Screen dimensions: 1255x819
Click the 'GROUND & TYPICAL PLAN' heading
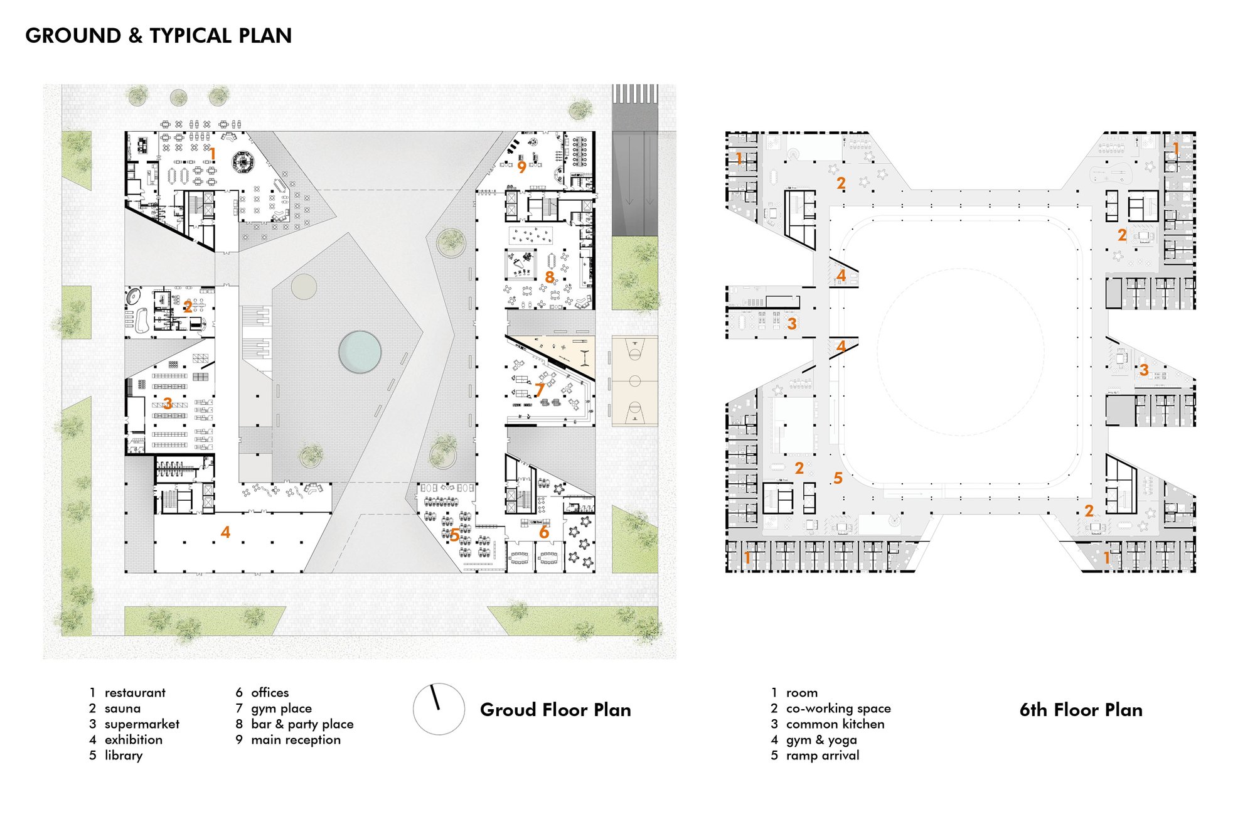(x=159, y=36)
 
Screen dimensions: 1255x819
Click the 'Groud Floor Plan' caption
(x=555, y=710)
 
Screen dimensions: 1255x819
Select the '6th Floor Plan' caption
(x=1081, y=710)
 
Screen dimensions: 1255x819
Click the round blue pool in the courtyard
(x=360, y=352)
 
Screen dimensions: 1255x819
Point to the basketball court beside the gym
(x=634, y=381)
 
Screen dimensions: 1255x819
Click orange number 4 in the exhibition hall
(x=225, y=532)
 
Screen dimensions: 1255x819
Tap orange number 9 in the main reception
(x=521, y=168)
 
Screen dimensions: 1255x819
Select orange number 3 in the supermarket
(x=168, y=402)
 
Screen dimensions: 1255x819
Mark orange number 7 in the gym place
(x=539, y=390)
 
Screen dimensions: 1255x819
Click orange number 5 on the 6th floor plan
(x=838, y=478)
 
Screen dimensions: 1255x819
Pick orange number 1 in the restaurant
(x=213, y=154)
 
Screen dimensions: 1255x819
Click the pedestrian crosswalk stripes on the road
(x=634, y=94)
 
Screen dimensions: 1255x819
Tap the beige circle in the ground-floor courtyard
(x=304, y=286)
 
